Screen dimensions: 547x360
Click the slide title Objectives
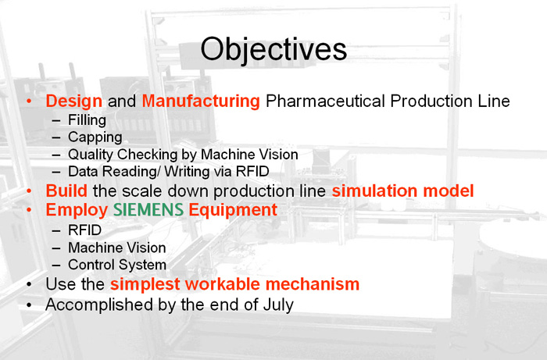pos(273,50)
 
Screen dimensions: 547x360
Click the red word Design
pos(74,102)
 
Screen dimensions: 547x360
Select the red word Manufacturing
pos(201,102)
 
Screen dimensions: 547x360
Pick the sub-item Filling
pos(87,120)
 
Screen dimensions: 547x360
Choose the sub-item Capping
pos(95,137)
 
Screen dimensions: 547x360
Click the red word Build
pos(66,191)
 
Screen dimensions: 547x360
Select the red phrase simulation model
pos(402,191)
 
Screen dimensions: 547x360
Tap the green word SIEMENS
pos(148,210)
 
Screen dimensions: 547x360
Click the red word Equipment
pos(233,211)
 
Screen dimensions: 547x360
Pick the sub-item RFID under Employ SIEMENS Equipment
pos(84,230)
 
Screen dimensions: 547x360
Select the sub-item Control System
pos(117,265)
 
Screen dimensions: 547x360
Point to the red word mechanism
pos(313,284)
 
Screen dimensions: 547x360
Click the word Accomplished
pos(99,305)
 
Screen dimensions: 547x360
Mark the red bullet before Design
pos(29,102)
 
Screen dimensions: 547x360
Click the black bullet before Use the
pos(29,284)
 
